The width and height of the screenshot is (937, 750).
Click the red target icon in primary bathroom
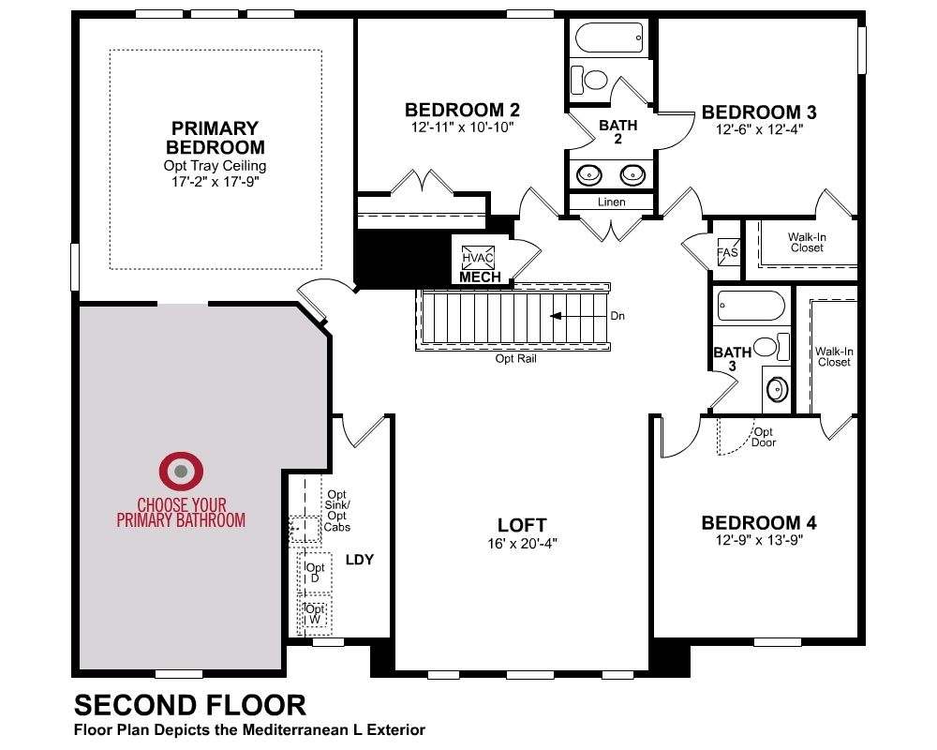tap(181, 471)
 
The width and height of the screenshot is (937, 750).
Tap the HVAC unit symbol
tap(478, 258)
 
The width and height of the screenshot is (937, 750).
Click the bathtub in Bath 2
tap(609, 37)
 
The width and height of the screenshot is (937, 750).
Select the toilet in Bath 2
tap(589, 80)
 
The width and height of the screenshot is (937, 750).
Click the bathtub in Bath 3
tap(751, 307)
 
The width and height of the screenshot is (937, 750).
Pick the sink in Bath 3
tap(777, 389)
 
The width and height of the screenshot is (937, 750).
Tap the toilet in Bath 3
tap(771, 346)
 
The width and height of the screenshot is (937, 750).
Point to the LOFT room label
tap(522, 525)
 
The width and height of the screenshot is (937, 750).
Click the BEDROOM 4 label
tap(759, 523)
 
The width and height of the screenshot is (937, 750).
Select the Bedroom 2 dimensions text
tap(463, 127)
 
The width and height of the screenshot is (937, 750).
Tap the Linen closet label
tap(611, 202)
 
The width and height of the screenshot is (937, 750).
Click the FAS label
tap(727, 252)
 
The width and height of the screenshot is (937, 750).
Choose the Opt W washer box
tap(315, 614)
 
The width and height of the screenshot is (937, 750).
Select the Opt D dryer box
tap(315, 573)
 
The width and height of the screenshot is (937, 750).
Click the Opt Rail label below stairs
tap(515, 359)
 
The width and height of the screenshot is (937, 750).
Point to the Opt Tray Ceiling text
tap(216, 166)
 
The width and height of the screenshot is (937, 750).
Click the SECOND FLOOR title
tap(190, 705)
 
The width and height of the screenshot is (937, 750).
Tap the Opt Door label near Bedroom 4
tap(763, 437)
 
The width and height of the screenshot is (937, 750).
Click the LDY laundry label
tap(360, 560)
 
